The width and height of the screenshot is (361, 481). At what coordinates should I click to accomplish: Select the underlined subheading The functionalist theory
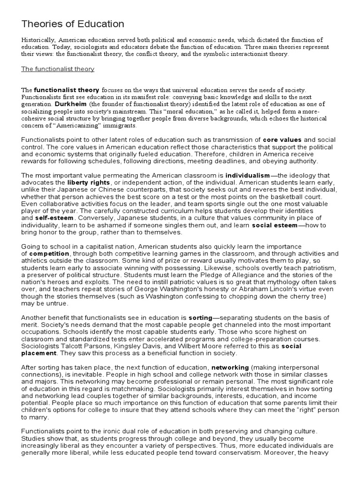tap(58, 69)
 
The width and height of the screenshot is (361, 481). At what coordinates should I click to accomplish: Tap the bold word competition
tap(50, 254)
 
